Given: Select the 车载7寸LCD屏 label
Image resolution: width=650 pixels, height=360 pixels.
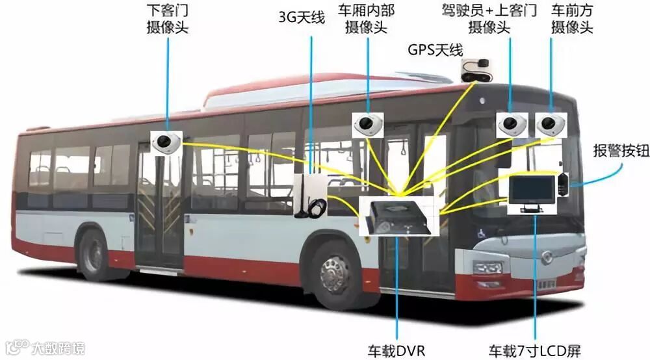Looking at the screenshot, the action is (x=536, y=352).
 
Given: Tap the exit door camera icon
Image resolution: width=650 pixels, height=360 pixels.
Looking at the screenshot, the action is (x=166, y=141).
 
